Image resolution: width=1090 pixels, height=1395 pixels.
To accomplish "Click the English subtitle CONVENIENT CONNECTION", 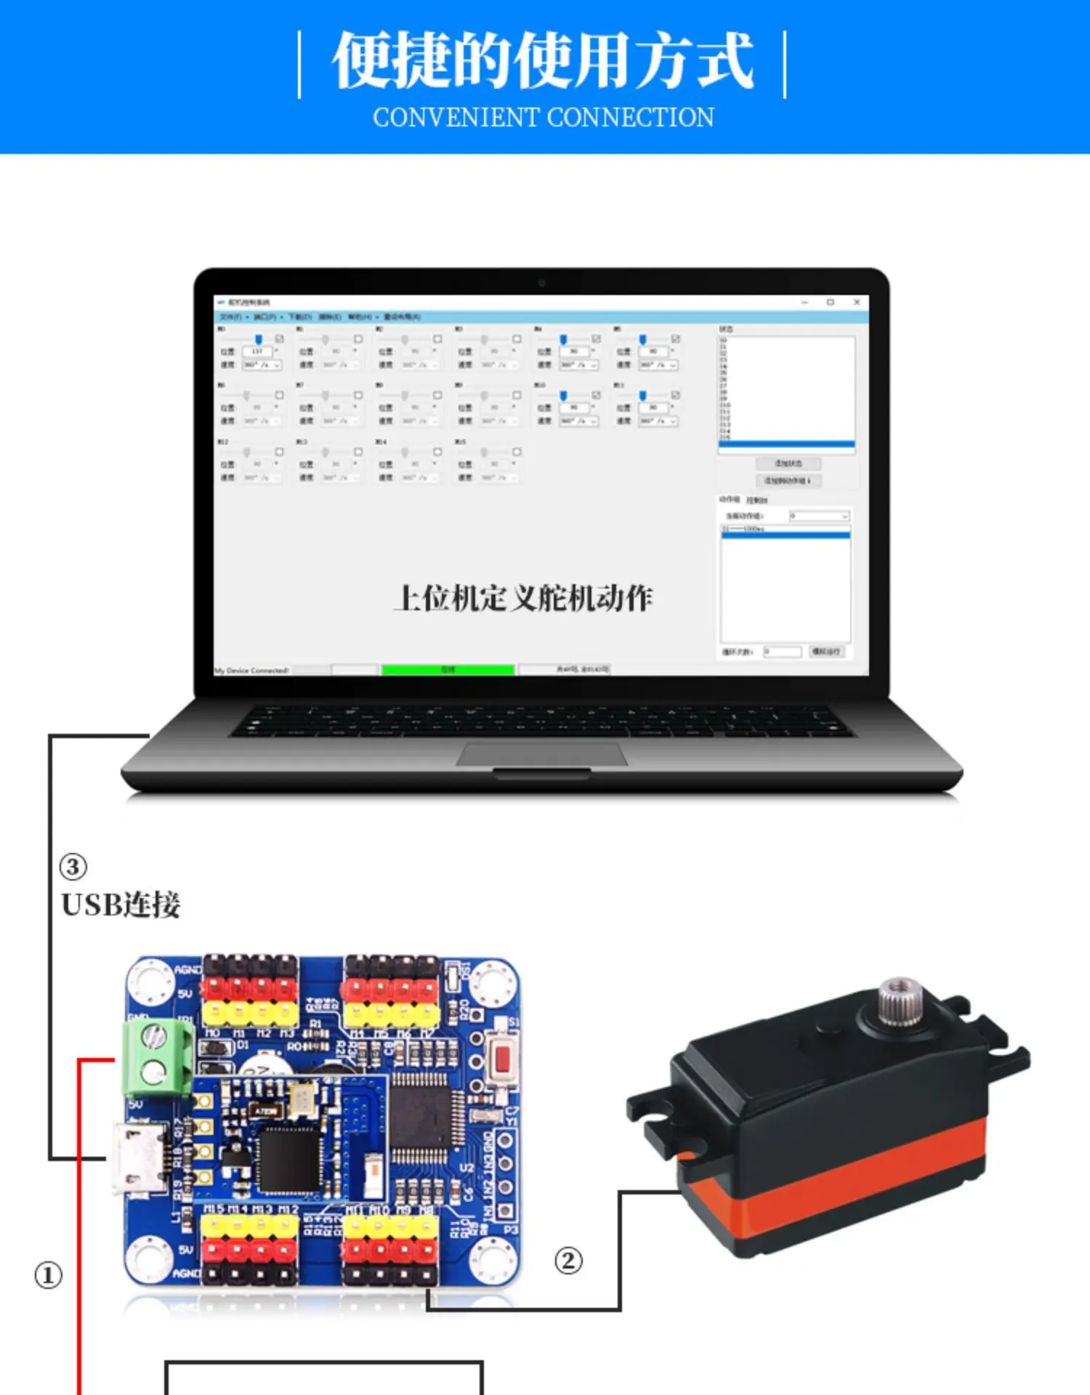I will [544, 118].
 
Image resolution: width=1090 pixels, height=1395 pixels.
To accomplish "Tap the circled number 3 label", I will [73, 867].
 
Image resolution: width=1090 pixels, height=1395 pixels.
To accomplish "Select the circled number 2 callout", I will [568, 1261].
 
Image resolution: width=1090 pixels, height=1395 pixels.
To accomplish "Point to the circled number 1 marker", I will [49, 1276].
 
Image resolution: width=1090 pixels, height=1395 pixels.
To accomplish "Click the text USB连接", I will [121, 905].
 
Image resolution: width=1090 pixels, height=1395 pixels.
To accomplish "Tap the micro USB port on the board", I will [135, 1157].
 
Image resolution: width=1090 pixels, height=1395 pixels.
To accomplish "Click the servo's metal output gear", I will [900, 1000].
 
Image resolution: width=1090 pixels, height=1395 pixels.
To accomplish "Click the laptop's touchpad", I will [541, 754].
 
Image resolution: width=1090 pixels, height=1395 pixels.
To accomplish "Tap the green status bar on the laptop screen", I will [448, 670].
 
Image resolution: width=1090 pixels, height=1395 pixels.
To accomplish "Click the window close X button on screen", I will [857, 302].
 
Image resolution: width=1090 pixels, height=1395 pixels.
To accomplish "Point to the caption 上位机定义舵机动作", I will [523, 599].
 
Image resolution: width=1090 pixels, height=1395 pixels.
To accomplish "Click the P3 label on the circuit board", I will [510, 1230].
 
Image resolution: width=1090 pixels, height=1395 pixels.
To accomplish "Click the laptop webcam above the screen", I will [541, 282].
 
